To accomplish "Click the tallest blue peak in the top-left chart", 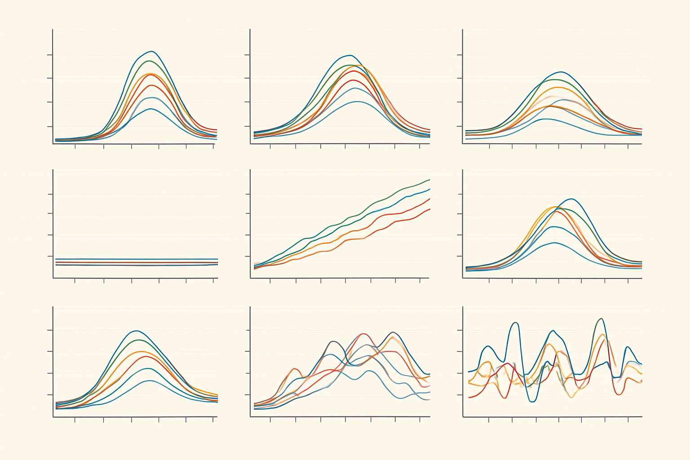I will click(x=151, y=51).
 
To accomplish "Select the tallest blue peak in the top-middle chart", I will click(x=350, y=55).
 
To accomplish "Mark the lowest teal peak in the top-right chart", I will click(x=545, y=119).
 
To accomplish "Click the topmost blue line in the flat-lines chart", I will click(x=135, y=259).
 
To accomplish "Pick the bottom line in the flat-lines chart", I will click(x=135, y=265).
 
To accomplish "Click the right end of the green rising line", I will click(x=429, y=180).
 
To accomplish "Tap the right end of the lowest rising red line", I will click(x=429, y=209).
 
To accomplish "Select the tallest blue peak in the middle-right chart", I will click(x=571, y=199).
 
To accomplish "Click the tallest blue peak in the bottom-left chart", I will click(x=137, y=331).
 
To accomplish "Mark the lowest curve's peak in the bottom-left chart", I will click(x=150, y=381).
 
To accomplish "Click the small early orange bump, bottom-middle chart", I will click(x=295, y=368).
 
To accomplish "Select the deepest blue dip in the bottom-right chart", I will click(x=533, y=402).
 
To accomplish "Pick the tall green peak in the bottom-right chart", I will click(x=601, y=318).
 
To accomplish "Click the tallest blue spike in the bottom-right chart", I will click(x=516, y=323).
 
